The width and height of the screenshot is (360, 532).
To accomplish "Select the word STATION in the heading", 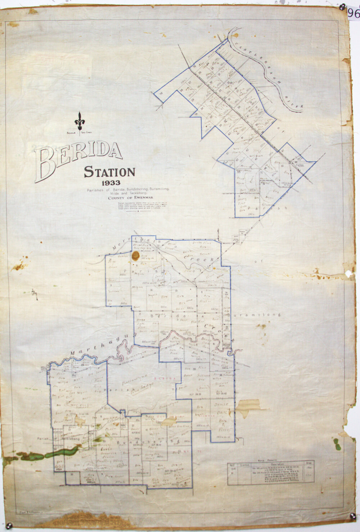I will click(x=109, y=172).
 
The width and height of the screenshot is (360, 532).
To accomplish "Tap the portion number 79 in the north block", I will click(x=161, y=94).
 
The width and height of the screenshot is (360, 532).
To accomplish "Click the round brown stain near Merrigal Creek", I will click(x=136, y=256).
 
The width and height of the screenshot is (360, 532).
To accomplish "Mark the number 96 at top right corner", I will click(x=354, y=14).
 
